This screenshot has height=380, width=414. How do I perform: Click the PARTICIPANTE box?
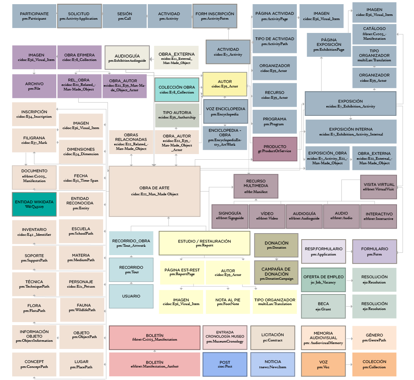34,16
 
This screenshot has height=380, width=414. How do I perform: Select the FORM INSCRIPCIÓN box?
215,16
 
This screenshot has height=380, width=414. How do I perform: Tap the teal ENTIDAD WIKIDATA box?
34,204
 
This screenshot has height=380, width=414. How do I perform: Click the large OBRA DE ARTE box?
154,191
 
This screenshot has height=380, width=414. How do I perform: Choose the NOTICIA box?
273,364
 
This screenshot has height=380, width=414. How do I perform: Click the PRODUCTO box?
275,149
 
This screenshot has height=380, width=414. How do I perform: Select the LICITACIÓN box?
273,337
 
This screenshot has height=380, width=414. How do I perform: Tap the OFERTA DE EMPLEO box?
323,280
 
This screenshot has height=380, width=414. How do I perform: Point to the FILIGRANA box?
34,140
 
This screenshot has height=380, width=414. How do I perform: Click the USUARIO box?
131,296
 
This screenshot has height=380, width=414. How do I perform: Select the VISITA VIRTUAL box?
378,187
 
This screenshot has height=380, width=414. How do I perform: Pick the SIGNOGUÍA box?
230,216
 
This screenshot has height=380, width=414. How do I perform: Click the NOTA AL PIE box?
228,302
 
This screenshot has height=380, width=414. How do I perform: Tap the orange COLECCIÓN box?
374,364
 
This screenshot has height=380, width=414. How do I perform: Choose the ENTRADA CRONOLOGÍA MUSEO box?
225,337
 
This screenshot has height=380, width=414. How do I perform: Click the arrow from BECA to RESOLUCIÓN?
349,306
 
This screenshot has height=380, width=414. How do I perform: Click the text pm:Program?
274,124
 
